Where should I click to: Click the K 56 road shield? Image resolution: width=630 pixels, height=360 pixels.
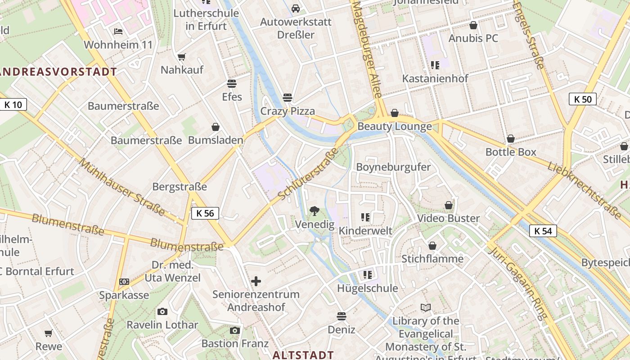(x=205, y=213)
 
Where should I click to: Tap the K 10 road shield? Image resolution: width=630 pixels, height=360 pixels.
(x=13, y=105)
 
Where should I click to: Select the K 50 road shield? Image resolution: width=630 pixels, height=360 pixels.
(x=582, y=99)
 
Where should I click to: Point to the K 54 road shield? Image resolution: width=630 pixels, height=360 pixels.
(x=543, y=231)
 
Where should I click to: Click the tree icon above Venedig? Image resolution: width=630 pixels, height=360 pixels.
(x=315, y=210)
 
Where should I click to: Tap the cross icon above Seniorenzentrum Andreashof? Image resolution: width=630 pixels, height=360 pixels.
(x=256, y=282)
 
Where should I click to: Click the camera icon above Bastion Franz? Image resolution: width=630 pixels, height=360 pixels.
(x=234, y=331)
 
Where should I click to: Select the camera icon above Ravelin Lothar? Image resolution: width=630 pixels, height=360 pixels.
(x=162, y=311)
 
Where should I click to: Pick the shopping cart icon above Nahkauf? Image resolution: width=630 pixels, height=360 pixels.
(x=181, y=57)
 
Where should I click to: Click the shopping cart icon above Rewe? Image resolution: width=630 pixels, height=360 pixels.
(x=49, y=333)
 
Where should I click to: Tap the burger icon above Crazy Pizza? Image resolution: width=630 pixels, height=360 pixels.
(x=288, y=98)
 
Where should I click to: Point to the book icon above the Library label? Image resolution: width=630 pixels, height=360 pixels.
(x=426, y=308)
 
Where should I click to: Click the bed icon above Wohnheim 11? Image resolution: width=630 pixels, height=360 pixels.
(x=118, y=31)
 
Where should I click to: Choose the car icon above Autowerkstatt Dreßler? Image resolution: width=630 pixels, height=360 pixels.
(x=296, y=9)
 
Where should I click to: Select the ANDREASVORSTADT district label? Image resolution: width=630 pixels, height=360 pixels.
(x=58, y=72)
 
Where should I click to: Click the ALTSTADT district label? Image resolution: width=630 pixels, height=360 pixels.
(x=303, y=355)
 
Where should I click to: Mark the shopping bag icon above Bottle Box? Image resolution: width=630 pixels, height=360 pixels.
(x=511, y=139)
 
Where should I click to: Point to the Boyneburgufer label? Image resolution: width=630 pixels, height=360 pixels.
(x=393, y=167)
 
